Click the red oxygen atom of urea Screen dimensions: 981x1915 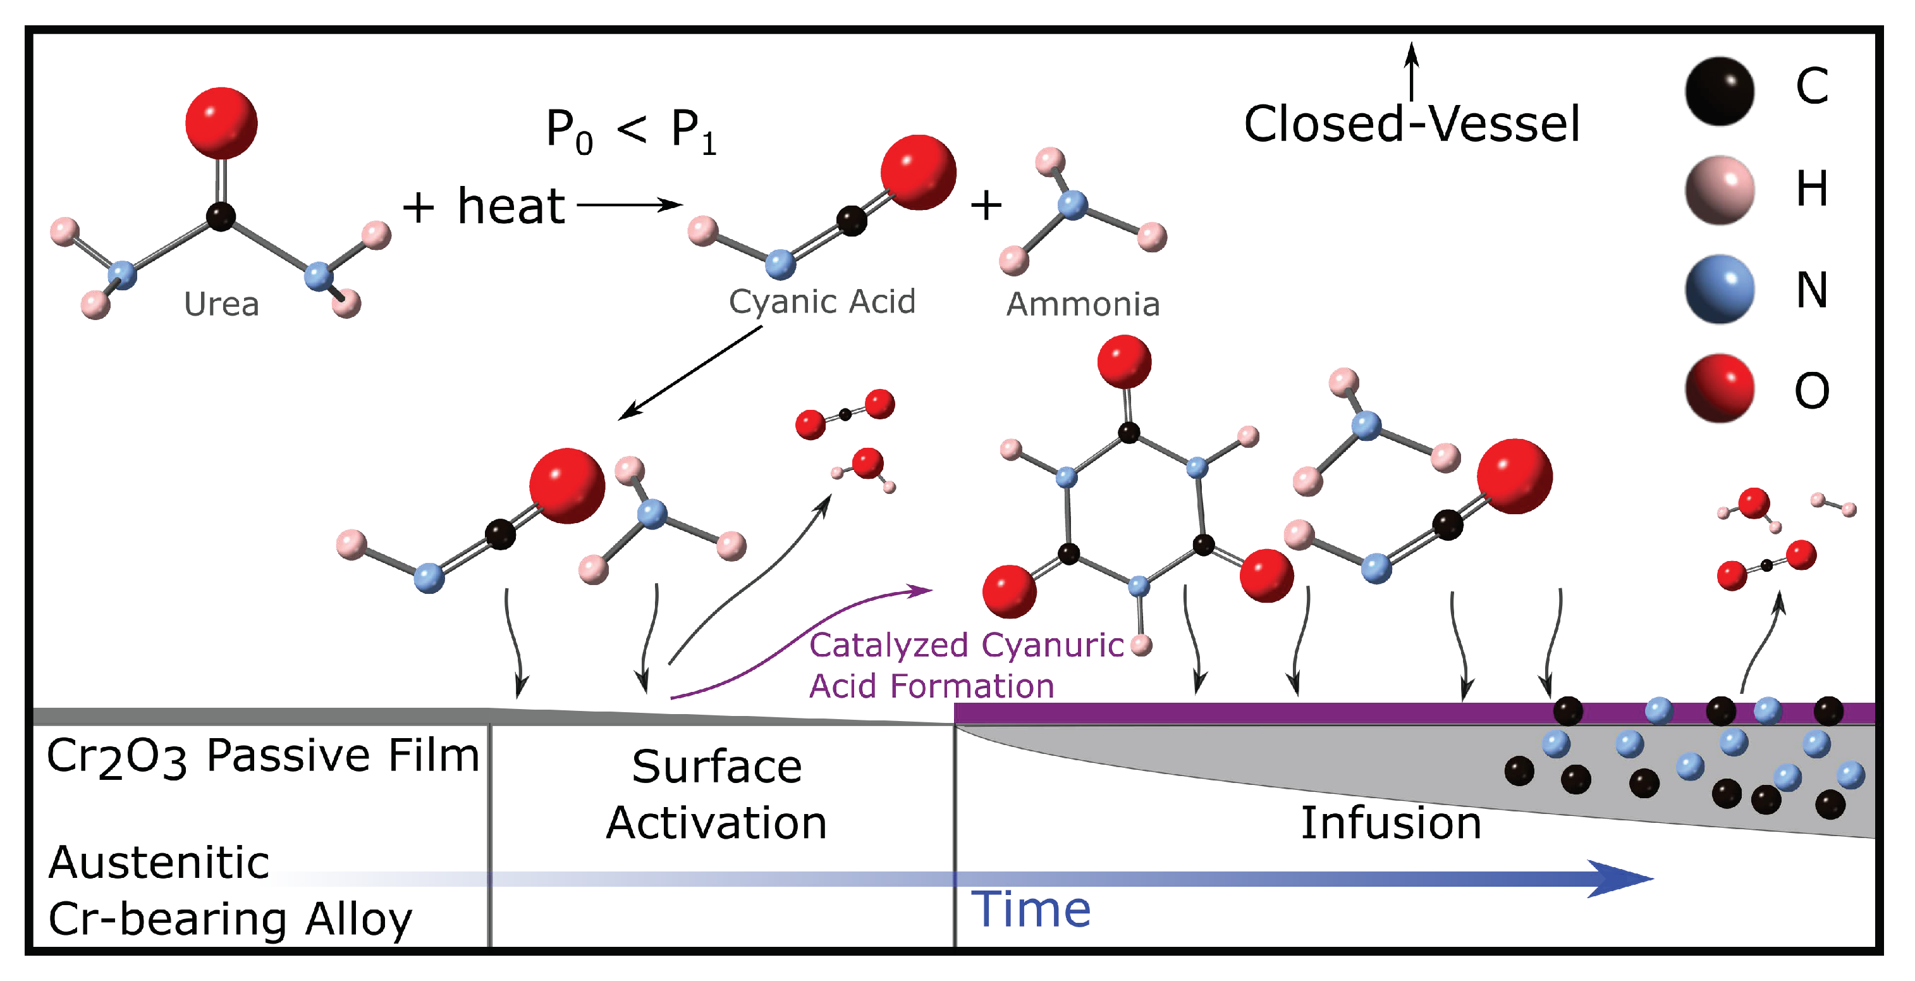221,123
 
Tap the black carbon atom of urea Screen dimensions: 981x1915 220,216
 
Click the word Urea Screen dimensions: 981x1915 221,304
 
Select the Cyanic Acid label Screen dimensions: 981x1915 821,301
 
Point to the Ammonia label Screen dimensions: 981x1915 1082,304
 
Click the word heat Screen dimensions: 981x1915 511,206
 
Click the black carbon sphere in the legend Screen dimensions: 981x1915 1719,90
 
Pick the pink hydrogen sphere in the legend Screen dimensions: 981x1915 1719,190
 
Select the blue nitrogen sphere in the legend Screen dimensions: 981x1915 1719,289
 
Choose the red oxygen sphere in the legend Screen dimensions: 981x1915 1719,388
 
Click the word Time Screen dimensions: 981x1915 1031,909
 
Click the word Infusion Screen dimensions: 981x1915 1390,823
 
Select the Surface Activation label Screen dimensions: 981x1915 717,794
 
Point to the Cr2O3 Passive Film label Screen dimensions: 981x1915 262,756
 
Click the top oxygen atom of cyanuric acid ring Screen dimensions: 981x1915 1124,361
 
